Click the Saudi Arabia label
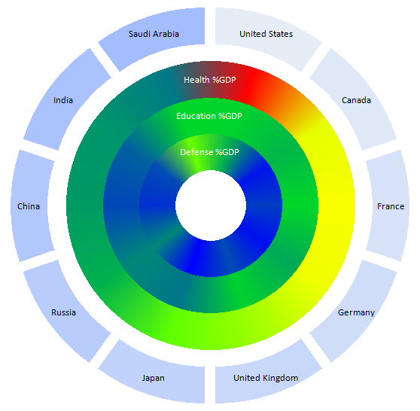point(154,34)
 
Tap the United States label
point(266,34)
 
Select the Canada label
point(356,100)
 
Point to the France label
point(391,206)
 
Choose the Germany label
point(356,312)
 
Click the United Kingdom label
point(266,378)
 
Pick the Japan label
point(154,379)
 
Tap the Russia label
point(63,312)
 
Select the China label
point(29,206)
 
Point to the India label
point(63,100)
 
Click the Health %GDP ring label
point(210,80)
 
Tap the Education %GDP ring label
point(209,116)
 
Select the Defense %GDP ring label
point(209,152)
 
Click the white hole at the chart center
point(211,205)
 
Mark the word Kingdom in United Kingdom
point(281,379)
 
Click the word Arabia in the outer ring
point(166,34)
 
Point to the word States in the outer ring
point(281,34)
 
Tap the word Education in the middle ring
point(196,116)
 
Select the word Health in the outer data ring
point(196,80)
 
